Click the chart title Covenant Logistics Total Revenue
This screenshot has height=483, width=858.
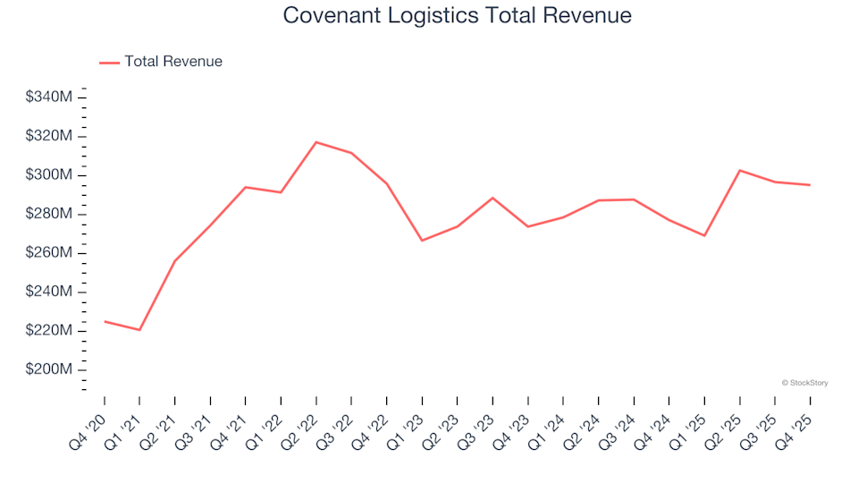(x=457, y=15)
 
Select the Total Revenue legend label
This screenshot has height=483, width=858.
(x=173, y=62)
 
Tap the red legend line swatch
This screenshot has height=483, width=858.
(x=109, y=63)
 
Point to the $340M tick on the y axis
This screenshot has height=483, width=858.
(x=49, y=97)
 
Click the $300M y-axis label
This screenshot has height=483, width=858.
(x=49, y=174)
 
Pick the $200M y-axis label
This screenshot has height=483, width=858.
(x=49, y=369)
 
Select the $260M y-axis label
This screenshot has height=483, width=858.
(x=49, y=252)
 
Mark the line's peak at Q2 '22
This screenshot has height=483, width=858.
(x=316, y=142)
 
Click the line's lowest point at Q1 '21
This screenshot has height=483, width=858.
(x=139, y=330)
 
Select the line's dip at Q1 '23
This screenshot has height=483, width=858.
(x=422, y=241)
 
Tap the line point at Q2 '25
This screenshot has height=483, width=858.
(x=740, y=170)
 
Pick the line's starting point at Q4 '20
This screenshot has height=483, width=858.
(x=105, y=321)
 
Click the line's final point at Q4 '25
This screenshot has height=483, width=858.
(x=811, y=185)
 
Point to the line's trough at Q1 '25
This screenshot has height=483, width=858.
(x=704, y=235)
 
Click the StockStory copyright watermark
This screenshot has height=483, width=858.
(x=804, y=383)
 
